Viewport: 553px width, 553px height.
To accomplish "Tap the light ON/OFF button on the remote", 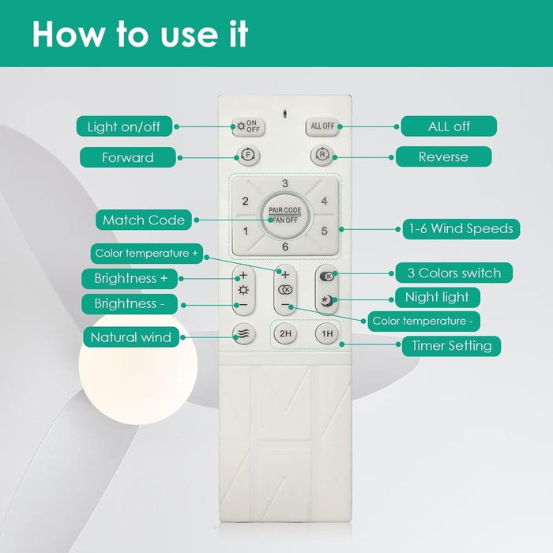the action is click(248, 126).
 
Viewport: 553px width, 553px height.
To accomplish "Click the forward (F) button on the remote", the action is click(249, 155).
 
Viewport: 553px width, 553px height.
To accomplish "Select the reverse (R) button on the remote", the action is click(322, 155).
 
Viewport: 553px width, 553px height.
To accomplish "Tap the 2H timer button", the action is click(285, 333).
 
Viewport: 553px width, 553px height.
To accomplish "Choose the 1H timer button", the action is click(327, 333).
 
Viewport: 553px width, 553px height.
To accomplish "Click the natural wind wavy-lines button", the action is click(243, 333).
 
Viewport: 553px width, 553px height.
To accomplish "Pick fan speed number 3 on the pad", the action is click(285, 183).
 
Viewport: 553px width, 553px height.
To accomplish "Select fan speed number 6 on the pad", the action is click(285, 246).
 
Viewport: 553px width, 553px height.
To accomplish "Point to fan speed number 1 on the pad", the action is click(246, 231).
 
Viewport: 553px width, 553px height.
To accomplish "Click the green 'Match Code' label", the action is click(144, 220).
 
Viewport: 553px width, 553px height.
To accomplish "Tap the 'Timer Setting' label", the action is click(451, 346).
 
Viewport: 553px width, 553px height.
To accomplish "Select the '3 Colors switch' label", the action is click(454, 273).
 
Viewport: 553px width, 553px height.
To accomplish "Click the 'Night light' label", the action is click(438, 297).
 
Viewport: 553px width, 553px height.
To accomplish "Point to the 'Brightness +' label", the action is click(130, 279).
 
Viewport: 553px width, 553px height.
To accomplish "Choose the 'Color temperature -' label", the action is click(423, 321).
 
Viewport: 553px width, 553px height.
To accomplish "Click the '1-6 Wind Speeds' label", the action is click(461, 229).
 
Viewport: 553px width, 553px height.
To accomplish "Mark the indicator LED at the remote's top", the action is click(285, 115).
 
